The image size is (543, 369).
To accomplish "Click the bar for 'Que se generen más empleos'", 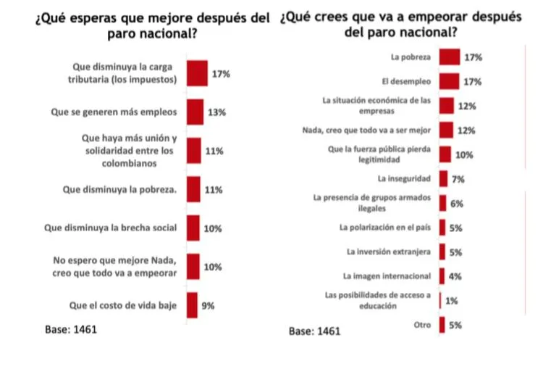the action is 195,112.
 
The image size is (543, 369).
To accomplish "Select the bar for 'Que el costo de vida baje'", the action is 192,305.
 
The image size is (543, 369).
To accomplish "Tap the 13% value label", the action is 216,112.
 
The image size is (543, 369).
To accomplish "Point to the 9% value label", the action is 208,305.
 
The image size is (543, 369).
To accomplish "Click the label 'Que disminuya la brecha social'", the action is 111,228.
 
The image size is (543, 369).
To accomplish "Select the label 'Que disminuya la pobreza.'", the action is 119,190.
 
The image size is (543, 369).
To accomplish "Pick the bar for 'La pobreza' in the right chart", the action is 450,57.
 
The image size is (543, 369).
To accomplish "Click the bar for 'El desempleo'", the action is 449,81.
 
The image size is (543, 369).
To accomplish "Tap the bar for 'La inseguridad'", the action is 443,178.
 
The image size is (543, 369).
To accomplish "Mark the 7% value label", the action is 458,179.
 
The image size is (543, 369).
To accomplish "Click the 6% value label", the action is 457,204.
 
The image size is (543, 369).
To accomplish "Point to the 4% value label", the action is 455,276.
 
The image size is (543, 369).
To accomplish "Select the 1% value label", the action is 452,301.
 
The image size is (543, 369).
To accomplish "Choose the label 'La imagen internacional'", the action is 387,276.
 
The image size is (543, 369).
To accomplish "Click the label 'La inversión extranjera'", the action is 389,252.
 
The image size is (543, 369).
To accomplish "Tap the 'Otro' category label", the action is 422,325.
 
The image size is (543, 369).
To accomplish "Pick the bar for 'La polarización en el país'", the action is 442,228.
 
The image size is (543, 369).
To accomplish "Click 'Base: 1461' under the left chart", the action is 71,329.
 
